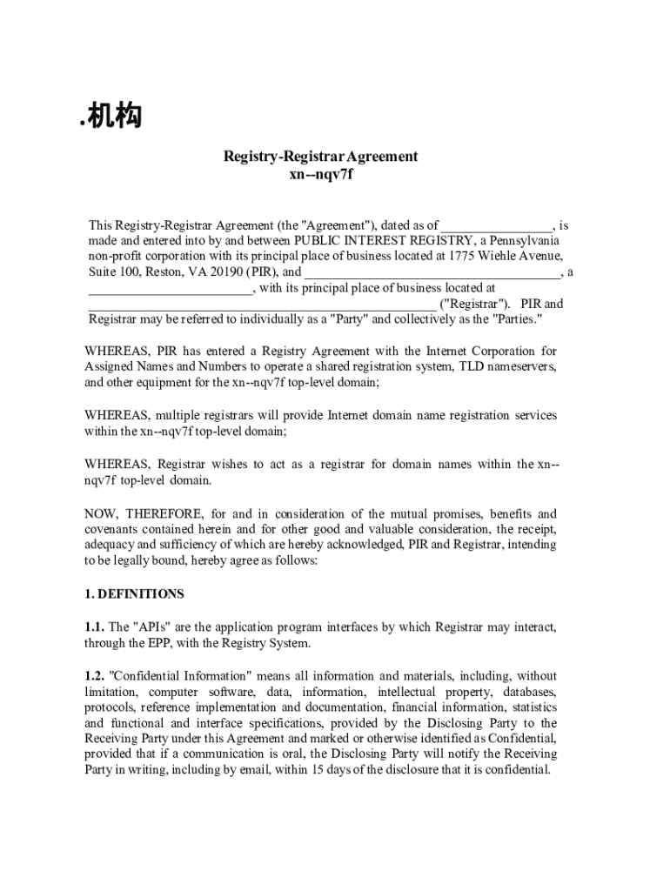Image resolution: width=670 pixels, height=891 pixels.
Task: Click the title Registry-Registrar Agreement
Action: pos(321,157)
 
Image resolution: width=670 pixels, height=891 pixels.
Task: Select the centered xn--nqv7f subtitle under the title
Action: pos(321,174)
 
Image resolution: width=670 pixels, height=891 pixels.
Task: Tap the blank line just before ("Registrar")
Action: pos(261,305)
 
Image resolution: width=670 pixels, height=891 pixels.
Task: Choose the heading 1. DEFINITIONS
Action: pos(134,594)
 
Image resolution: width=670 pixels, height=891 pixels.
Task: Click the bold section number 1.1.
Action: pos(95,627)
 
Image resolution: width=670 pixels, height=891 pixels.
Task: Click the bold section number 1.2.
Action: pos(95,675)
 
